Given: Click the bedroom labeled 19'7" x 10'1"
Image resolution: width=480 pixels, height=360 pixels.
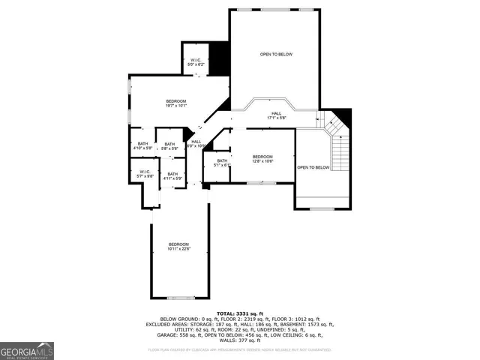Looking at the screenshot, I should click(x=175, y=103).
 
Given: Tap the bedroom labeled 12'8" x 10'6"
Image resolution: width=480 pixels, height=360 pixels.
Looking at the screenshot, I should click(x=262, y=158).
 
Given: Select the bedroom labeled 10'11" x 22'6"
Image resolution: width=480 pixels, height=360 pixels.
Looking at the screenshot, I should click(x=179, y=247).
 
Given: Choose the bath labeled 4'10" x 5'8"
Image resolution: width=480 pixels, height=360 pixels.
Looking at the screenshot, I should click(x=142, y=146).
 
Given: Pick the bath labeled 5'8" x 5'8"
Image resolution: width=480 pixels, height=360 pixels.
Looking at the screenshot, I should click(x=169, y=146).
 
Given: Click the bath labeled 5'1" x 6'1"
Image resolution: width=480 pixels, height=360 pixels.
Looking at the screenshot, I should click(x=222, y=163).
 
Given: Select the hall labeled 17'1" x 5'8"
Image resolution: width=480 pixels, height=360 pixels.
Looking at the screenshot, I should click(x=277, y=115).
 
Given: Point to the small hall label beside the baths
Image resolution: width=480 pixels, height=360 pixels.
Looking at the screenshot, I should click(x=196, y=143).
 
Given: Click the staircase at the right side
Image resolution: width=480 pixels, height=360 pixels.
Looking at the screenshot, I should click(x=340, y=150).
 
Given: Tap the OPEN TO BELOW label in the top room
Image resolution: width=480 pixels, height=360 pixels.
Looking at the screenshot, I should click(x=276, y=55).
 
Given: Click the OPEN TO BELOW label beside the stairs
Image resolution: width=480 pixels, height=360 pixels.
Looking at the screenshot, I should click(x=313, y=167).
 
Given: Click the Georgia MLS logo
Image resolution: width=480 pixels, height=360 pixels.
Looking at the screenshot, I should click(x=27, y=349).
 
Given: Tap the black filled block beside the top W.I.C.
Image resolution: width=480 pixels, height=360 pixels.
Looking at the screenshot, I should click(x=219, y=58).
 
